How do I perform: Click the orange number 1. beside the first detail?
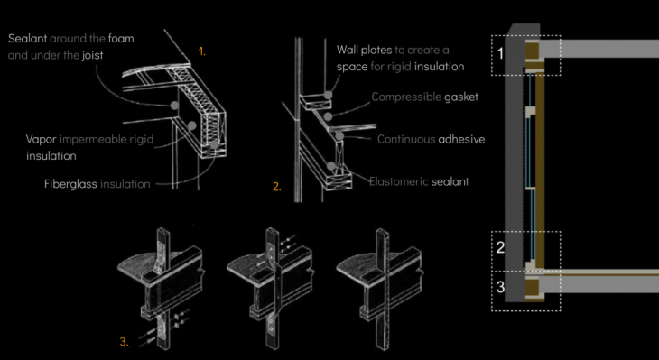click(x=202, y=51)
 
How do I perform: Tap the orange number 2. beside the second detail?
click(x=277, y=187)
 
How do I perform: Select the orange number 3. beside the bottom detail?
click(x=125, y=342)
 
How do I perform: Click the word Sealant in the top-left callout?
click(x=27, y=39)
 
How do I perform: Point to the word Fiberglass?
click(x=70, y=184)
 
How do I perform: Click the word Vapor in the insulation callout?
click(x=41, y=139)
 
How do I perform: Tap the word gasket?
click(x=461, y=97)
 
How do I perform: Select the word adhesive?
click(x=461, y=139)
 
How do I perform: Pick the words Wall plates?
click(x=365, y=50)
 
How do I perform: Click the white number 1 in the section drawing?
click(x=500, y=54)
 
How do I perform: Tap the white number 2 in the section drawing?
click(x=500, y=247)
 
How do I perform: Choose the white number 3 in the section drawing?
click(x=500, y=287)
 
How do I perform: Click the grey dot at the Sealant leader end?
click(x=174, y=105)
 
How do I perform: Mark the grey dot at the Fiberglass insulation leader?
click(x=214, y=144)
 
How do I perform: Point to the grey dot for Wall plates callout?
click(x=328, y=95)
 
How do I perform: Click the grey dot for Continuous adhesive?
click(x=339, y=135)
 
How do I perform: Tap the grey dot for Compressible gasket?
click(x=329, y=115)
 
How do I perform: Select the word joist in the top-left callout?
click(x=92, y=55)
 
